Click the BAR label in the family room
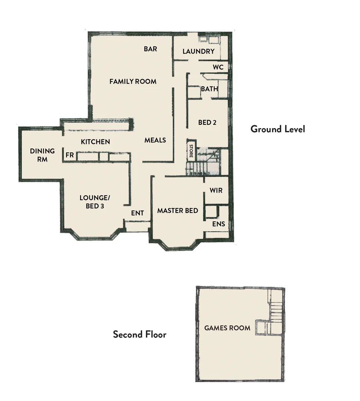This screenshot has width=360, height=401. [150, 49]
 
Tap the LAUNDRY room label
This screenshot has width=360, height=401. [199, 52]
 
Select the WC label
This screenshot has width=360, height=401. [218, 67]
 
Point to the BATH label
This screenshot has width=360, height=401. [209, 89]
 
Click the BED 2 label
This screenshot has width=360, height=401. [207, 122]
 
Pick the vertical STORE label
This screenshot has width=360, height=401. [191, 151]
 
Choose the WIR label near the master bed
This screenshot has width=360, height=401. [216, 190]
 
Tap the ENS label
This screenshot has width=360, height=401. [218, 224]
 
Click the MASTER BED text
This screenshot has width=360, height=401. [177, 211]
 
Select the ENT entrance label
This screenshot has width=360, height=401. [137, 213]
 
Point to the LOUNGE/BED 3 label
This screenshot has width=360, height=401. [95, 202]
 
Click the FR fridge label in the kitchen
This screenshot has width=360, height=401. [69, 155]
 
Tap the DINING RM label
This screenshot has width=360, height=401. [42, 155]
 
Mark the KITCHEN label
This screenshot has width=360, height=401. [95, 142]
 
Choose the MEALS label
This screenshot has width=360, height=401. [155, 140]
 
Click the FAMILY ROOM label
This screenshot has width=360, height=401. [133, 81]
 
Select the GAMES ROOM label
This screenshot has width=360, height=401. [227, 328]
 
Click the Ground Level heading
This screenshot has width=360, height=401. [278, 129]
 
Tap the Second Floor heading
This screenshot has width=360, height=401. [140, 334]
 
